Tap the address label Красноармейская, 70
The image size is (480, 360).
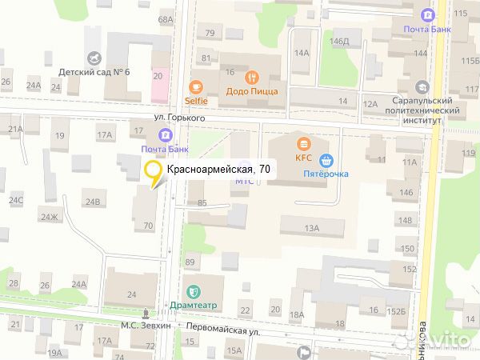pyautogui.click(x=218, y=169)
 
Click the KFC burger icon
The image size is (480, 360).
pyautogui.click(x=303, y=144)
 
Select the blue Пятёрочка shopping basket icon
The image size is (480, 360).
pyautogui.click(x=326, y=159)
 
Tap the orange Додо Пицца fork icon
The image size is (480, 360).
pyautogui.click(x=252, y=78)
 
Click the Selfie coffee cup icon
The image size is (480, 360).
pyautogui.click(x=196, y=87)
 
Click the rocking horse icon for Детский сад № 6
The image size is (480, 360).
pyautogui.click(x=97, y=58)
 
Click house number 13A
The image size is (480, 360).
pyautogui.click(x=311, y=229)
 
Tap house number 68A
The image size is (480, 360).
pyautogui.click(x=166, y=19)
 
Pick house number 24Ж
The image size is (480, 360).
pyautogui.click(x=50, y=216)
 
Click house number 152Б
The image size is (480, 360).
pyautogui.click(x=398, y=310)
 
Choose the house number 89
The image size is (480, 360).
pyautogui.click(x=190, y=262)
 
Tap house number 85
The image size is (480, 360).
pyautogui.click(x=202, y=202)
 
